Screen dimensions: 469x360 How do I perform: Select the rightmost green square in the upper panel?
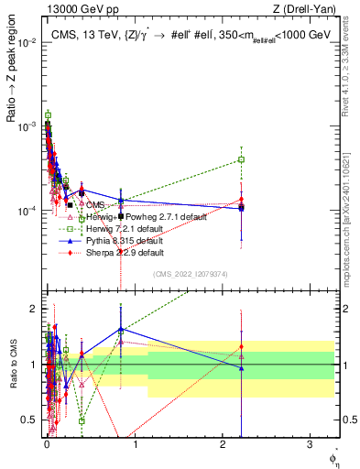[x=241, y=159]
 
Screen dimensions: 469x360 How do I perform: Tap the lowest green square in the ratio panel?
[x=82, y=421]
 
